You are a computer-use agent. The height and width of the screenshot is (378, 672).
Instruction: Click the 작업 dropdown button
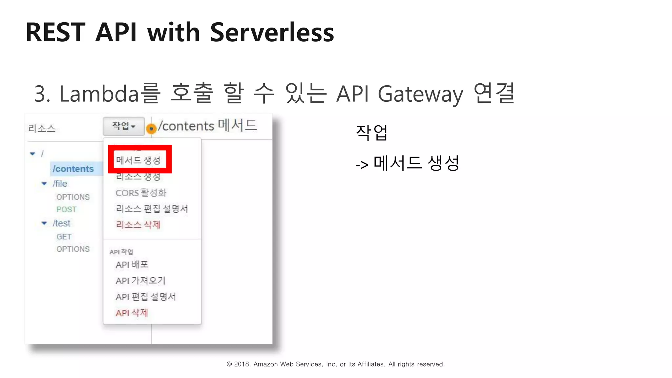(124, 126)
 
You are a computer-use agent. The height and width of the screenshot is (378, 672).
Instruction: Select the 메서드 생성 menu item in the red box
(138, 160)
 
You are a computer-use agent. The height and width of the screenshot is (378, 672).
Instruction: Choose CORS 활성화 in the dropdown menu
(141, 193)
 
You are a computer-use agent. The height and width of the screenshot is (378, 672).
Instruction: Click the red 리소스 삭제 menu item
(138, 225)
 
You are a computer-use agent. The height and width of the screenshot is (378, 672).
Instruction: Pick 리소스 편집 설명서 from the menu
(152, 209)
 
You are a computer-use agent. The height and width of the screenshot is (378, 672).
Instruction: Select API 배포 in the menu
(132, 264)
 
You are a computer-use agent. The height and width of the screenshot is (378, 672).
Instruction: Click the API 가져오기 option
(140, 281)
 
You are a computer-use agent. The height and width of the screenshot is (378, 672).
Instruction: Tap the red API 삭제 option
(132, 313)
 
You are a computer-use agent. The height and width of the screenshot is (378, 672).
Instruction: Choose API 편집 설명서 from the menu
(146, 297)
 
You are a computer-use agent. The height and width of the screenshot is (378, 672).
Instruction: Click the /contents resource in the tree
(73, 169)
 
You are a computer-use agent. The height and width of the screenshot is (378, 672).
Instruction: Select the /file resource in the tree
(60, 183)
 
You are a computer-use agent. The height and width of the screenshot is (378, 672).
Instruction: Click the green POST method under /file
(66, 209)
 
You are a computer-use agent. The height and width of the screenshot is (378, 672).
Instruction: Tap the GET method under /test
(64, 237)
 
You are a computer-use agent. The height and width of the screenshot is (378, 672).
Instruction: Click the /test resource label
(61, 223)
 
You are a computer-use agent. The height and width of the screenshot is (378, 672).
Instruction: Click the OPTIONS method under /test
(73, 249)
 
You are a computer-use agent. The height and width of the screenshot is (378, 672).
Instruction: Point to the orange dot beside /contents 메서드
(151, 129)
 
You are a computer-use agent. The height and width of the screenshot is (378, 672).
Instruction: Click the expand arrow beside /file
(44, 183)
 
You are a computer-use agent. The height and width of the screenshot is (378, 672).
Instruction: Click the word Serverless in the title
(272, 32)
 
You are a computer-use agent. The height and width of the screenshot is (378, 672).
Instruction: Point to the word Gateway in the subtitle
(420, 94)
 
